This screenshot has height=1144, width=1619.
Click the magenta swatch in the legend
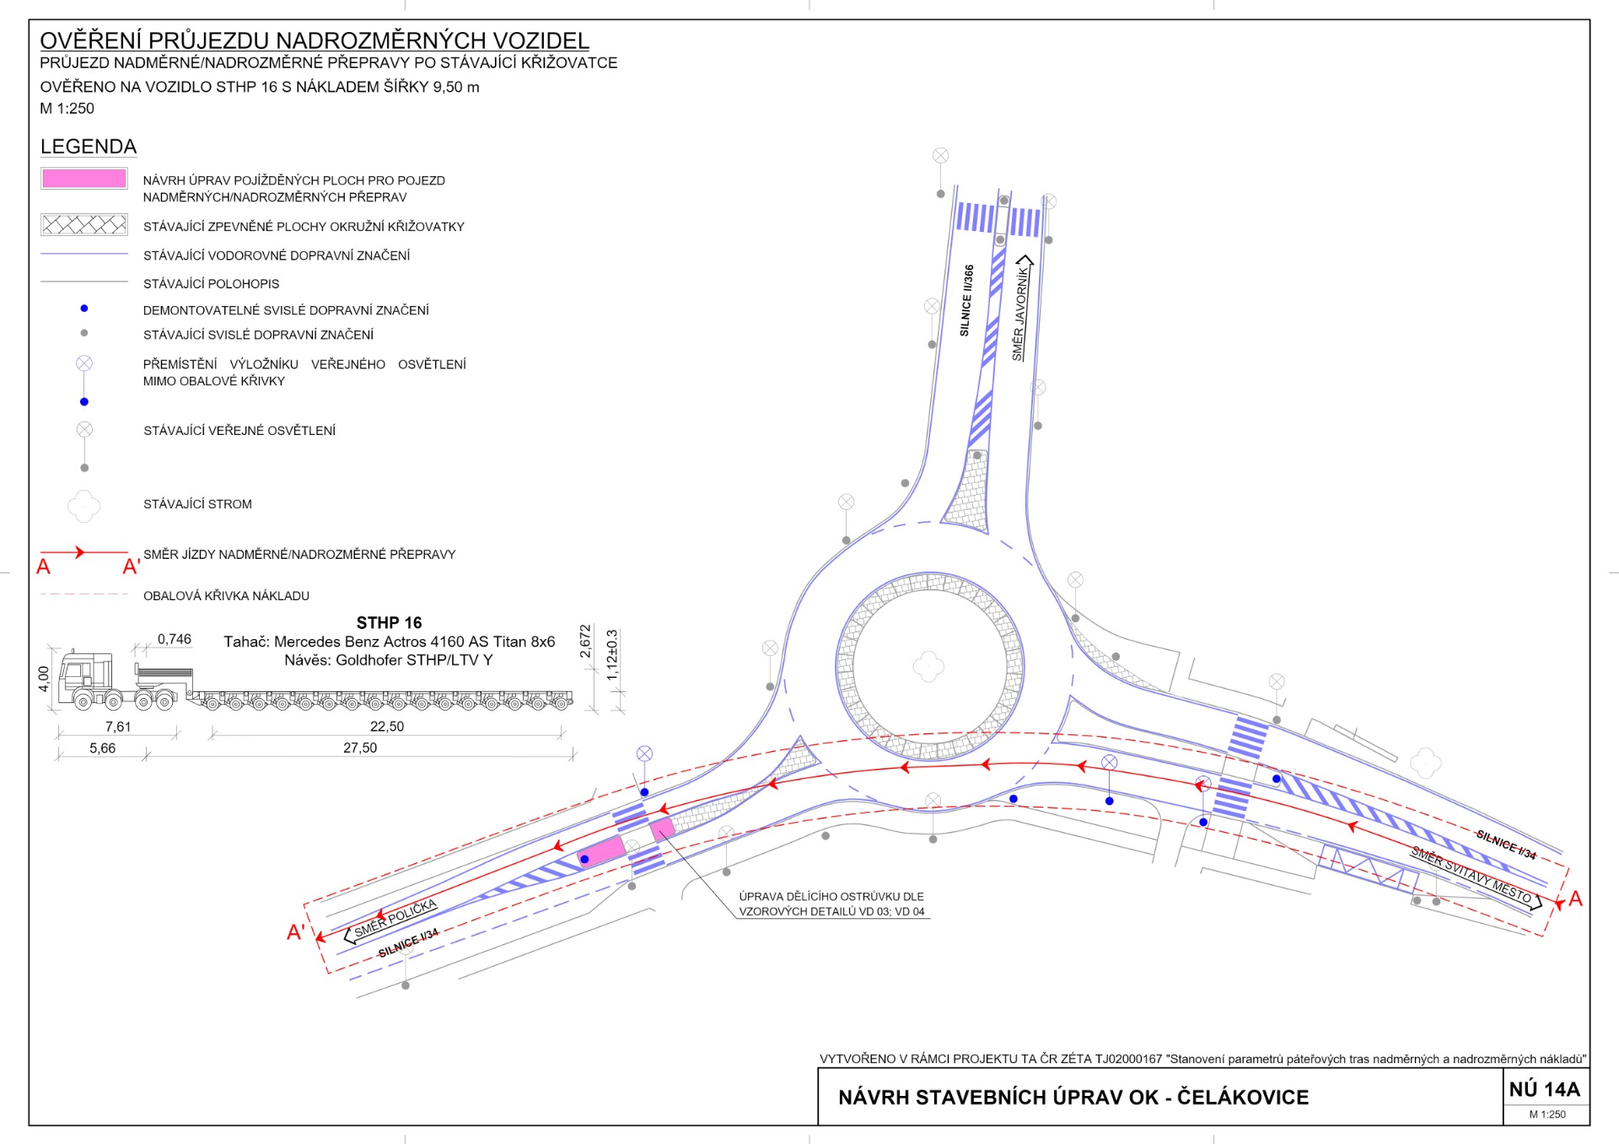coord(84,179)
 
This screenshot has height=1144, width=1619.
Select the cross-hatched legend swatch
coord(84,224)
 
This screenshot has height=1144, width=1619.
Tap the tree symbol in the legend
coord(84,506)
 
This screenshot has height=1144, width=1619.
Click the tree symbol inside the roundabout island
coord(928,666)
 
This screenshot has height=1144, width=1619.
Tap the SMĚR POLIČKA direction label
coord(395,918)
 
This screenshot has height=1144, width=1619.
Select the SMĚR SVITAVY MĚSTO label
coord(1471,876)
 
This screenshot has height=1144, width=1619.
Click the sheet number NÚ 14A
coord(1545,1089)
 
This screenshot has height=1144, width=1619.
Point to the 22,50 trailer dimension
coord(387,726)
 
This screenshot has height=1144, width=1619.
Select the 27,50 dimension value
coord(360,748)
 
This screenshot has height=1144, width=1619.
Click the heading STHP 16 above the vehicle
coord(389,623)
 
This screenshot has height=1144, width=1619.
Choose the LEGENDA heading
coord(89,147)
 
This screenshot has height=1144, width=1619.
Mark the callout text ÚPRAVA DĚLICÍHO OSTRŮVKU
coord(831,896)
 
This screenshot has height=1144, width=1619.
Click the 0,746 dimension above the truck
coord(175,639)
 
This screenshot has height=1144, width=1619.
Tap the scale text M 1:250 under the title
coord(67,108)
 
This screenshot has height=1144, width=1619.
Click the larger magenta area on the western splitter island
coord(601,852)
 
